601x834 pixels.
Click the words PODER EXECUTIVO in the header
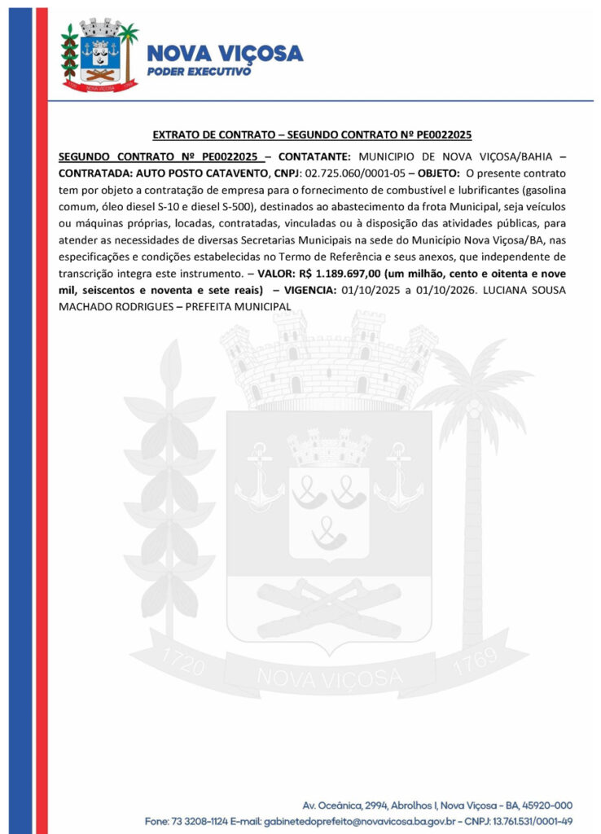[x=199, y=72]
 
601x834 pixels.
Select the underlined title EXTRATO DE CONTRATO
[x=207, y=134]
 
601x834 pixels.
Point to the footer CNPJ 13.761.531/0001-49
[x=533, y=820]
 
